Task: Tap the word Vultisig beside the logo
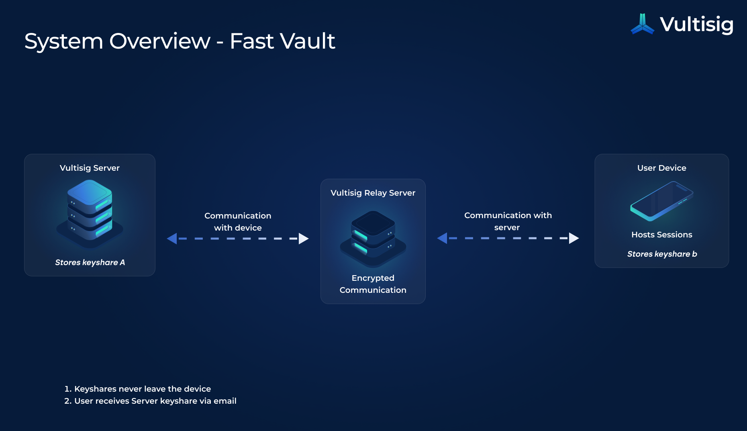point(696,25)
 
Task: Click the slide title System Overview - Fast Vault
point(180,41)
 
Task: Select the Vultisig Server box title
point(90,168)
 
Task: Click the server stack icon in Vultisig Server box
point(90,213)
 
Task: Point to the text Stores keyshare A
point(90,262)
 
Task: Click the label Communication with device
point(238,222)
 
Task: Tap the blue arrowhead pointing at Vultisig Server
point(172,239)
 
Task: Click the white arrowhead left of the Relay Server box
point(304,239)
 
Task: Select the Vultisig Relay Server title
point(373,193)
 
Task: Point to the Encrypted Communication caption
point(373,284)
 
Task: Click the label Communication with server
point(508,221)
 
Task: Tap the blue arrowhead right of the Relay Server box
point(442,238)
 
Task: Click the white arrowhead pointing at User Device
point(574,238)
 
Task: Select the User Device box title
point(661,168)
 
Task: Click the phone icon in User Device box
point(661,201)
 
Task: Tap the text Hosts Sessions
point(661,235)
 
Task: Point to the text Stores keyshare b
point(662,254)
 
